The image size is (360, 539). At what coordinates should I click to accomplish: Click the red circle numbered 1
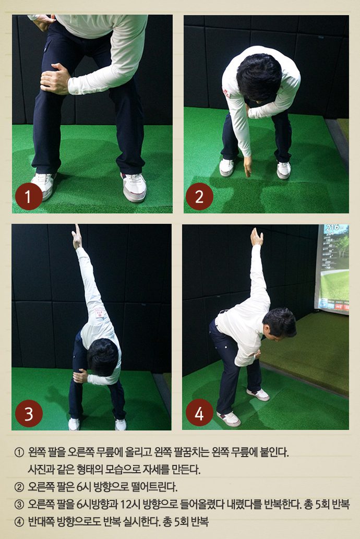(29, 197)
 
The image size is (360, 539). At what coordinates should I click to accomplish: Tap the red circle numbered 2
(199, 197)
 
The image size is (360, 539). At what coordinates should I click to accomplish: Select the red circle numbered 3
(29, 413)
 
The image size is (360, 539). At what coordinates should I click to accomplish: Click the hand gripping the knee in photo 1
(55, 79)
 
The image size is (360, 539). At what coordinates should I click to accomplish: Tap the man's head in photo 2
(259, 77)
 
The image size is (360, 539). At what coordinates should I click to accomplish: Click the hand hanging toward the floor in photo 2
(247, 166)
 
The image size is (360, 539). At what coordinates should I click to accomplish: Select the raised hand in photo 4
(257, 237)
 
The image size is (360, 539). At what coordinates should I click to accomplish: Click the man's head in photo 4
(279, 323)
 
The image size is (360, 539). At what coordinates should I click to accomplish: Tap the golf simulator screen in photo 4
(332, 268)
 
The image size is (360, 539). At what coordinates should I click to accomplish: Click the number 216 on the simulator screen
(332, 227)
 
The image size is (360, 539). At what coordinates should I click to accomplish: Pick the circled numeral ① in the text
(19, 452)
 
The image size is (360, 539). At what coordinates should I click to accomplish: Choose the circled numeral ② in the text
(19, 487)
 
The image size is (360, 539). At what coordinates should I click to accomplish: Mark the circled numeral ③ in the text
(19, 505)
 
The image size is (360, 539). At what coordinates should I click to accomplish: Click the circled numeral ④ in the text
(19, 522)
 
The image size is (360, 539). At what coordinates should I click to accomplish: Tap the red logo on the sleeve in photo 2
(226, 93)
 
